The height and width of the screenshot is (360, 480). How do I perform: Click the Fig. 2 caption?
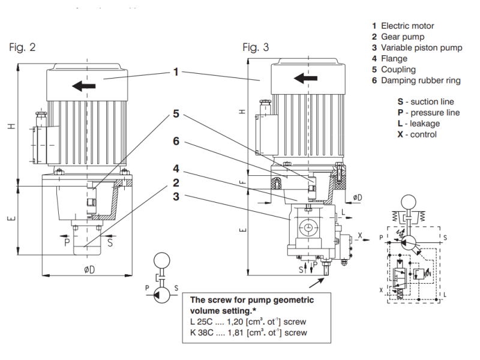coord(22,47)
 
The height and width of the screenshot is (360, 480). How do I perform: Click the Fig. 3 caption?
coord(256,47)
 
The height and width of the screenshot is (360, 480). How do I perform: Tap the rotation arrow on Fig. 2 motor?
coord(83,86)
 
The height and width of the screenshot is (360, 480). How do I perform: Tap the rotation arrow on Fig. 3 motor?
coord(305,78)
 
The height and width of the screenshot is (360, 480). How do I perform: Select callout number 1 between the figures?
coord(176,72)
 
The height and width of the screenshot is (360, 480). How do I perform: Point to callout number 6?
coord(176,141)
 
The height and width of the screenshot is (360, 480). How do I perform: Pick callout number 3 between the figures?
coord(176,197)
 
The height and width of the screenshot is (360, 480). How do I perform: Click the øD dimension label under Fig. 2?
coord(89,269)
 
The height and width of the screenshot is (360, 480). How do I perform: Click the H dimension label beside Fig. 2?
coord(11,126)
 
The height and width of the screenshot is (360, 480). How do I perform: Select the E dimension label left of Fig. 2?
coord(11,218)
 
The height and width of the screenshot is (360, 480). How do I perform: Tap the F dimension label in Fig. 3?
coord(242,182)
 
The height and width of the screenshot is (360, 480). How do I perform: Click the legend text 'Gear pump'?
coord(403,37)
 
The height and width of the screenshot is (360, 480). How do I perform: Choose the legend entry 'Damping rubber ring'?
coord(421,80)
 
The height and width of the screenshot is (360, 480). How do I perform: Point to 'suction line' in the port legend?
coord(432,101)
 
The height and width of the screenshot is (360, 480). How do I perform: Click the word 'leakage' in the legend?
coord(425,124)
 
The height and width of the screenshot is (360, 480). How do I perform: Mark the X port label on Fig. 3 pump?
coord(360,235)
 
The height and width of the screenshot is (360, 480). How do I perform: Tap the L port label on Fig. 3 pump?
coord(343,212)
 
